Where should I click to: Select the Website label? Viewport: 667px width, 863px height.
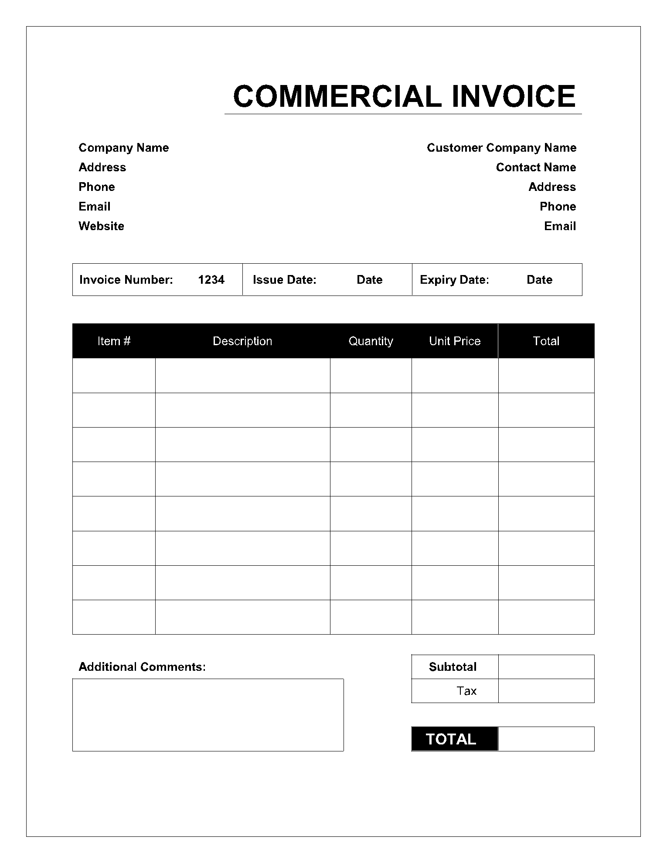pyautogui.click(x=101, y=226)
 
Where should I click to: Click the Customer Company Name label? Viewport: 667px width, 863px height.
pyautogui.click(x=501, y=148)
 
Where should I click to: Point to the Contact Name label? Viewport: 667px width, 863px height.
pyautogui.click(x=536, y=167)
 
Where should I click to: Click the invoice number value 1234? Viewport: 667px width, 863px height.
pyautogui.click(x=211, y=280)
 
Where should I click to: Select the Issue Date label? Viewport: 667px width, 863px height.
pyautogui.click(x=284, y=280)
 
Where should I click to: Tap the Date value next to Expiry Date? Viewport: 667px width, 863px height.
pyautogui.click(x=539, y=280)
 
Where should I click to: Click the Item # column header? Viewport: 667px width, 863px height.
pyautogui.click(x=114, y=341)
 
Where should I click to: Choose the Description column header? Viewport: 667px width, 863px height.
pyautogui.click(x=242, y=341)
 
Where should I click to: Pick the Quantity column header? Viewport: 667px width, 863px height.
pyautogui.click(x=371, y=341)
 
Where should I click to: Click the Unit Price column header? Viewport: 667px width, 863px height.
pyautogui.click(x=455, y=341)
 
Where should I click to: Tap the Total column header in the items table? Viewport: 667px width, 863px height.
pyautogui.click(x=546, y=341)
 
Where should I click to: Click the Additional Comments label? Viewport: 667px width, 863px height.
pyautogui.click(x=142, y=667)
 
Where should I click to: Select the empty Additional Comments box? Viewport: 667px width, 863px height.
pyautogui.click(x=208, y=715)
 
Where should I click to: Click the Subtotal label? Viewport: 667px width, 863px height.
pyautogui.click(x=453, y=667)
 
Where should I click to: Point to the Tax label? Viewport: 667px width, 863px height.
pyautogui.click(x=466, y=691)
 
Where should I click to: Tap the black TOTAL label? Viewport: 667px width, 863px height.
pyautogui.click(x=451, y=739)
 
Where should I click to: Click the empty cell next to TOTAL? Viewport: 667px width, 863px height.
pyautogui.click(x=546, y=739)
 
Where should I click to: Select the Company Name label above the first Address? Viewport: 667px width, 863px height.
pyautogui.click(x=123, y=148)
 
